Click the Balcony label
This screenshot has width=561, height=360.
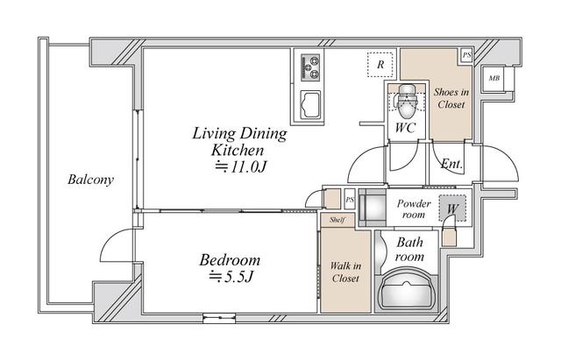tap(90, 180)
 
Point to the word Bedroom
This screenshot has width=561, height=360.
tap(230, 260)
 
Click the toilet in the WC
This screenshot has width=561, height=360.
tap(406, 102)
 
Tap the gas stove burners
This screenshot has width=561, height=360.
tap(310, 67)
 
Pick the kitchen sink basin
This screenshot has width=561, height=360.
tap(310, 104)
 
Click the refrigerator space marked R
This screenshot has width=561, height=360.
tap(380, 65)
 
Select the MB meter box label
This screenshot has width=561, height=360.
tap(494, 78)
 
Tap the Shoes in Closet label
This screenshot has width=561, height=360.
tap(451, 98)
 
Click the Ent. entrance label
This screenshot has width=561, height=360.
tap(451, 164)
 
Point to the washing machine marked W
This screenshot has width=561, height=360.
tap(452, 208)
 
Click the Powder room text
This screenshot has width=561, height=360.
tap(414, 209)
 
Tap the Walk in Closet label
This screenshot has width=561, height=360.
tap(345, 272)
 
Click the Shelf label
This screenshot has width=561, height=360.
tap(337, 220)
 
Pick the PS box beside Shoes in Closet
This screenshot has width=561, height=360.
tap(466, 55)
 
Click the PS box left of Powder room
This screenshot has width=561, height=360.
tap(350, 199)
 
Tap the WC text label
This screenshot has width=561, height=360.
tap(405, 128)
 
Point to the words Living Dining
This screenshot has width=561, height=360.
tap(239, 134)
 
